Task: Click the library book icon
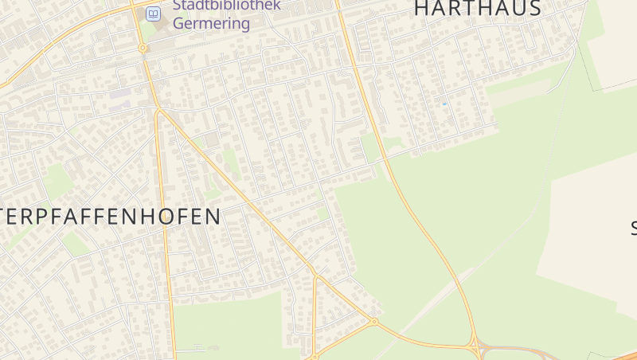point(153,14)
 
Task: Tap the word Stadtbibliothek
point(226,6)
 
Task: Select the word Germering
point(211,24)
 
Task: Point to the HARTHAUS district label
point(478,8)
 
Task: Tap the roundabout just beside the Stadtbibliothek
point(143,48)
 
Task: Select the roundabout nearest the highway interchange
point(373,322)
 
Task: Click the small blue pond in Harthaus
point(444,104)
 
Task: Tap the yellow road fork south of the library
point(158,111)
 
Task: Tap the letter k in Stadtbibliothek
point(276,6)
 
